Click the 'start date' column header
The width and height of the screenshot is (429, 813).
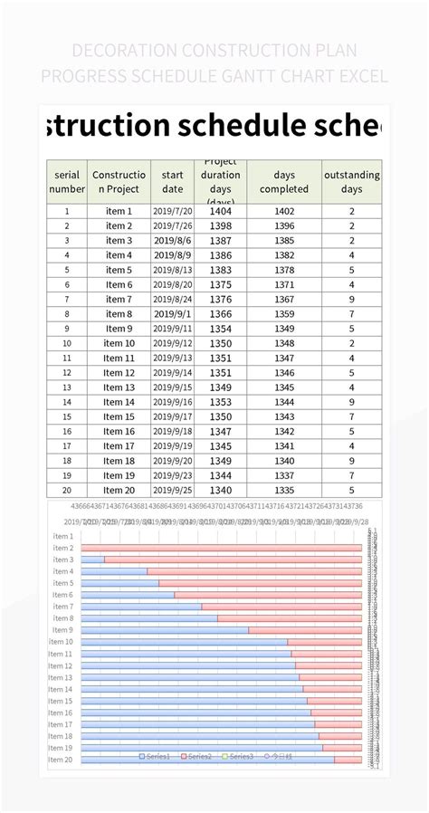tap(172, 181)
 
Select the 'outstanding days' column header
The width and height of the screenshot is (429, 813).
tap(351, 181)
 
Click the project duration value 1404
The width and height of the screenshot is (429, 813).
tap(220, 211)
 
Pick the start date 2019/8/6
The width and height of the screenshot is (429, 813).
tap(172, 241)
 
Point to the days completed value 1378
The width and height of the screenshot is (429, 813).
tap(283, 270)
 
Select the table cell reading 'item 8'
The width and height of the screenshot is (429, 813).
tap(119, 314)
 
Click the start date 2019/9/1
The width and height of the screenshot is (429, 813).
tap(172, 314)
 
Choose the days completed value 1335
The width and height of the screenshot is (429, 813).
tap(283, 490)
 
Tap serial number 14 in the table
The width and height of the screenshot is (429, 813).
tap(67, 402)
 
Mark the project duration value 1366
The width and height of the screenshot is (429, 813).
tap(220, 314)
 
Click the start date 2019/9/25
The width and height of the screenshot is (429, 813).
tap(172, 490)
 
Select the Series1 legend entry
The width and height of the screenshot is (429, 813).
tap(155, 755)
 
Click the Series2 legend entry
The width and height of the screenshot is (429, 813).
tap(197, 755)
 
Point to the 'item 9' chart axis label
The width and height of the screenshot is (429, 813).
tap(62, 630)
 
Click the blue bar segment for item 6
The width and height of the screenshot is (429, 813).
tap(127, 595)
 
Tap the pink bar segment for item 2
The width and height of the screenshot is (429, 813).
tap(222, 548)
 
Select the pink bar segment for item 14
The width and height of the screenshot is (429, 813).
tap(332, 689)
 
